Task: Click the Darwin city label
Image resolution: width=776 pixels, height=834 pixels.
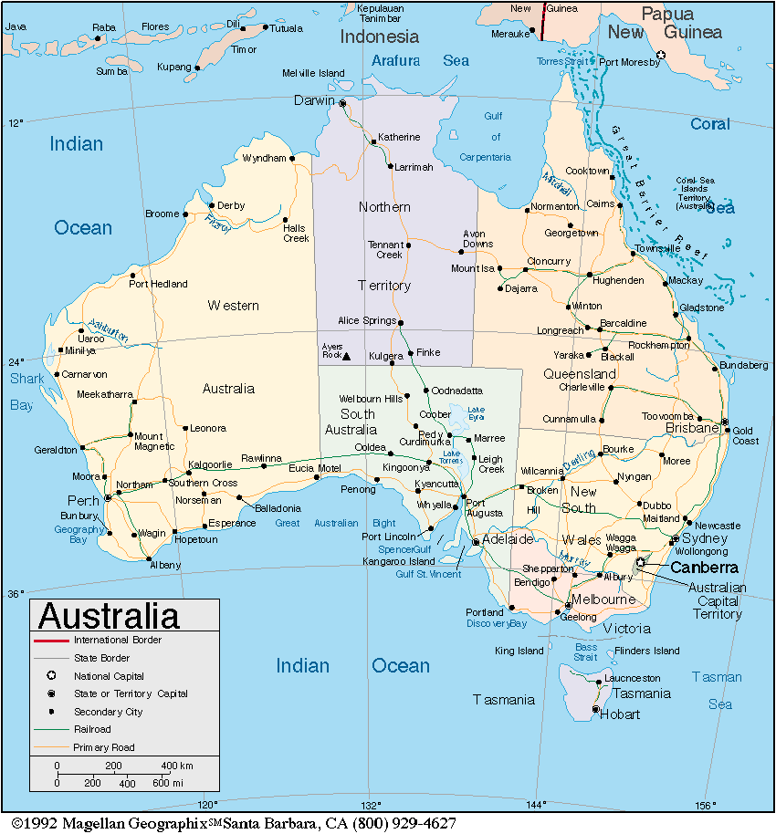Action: (314, 100)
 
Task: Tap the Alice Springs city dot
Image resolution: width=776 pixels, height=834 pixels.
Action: (401, 321)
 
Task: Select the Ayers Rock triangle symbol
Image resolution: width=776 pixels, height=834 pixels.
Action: (346, 356)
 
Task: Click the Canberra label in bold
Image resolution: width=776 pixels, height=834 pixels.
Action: (705, 568)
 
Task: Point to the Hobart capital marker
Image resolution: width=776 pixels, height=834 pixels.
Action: (595, 709)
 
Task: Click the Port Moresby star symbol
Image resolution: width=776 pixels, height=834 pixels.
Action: (662, 55)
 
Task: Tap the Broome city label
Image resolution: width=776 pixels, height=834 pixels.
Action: (163, 214)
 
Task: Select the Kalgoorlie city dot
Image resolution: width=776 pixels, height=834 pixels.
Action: (189, 473)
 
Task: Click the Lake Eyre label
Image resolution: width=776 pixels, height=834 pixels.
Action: (476, 412)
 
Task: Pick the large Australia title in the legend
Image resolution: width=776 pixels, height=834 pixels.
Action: (109, 616)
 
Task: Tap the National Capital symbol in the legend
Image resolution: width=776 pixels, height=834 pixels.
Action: (52, 676)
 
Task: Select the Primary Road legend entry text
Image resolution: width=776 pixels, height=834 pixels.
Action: (104, 747)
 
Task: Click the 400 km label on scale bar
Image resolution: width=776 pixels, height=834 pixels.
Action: (177, 766)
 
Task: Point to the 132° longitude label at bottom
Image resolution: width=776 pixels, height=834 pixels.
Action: (371, 805)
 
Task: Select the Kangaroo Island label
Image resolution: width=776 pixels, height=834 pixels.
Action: (399, 561)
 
